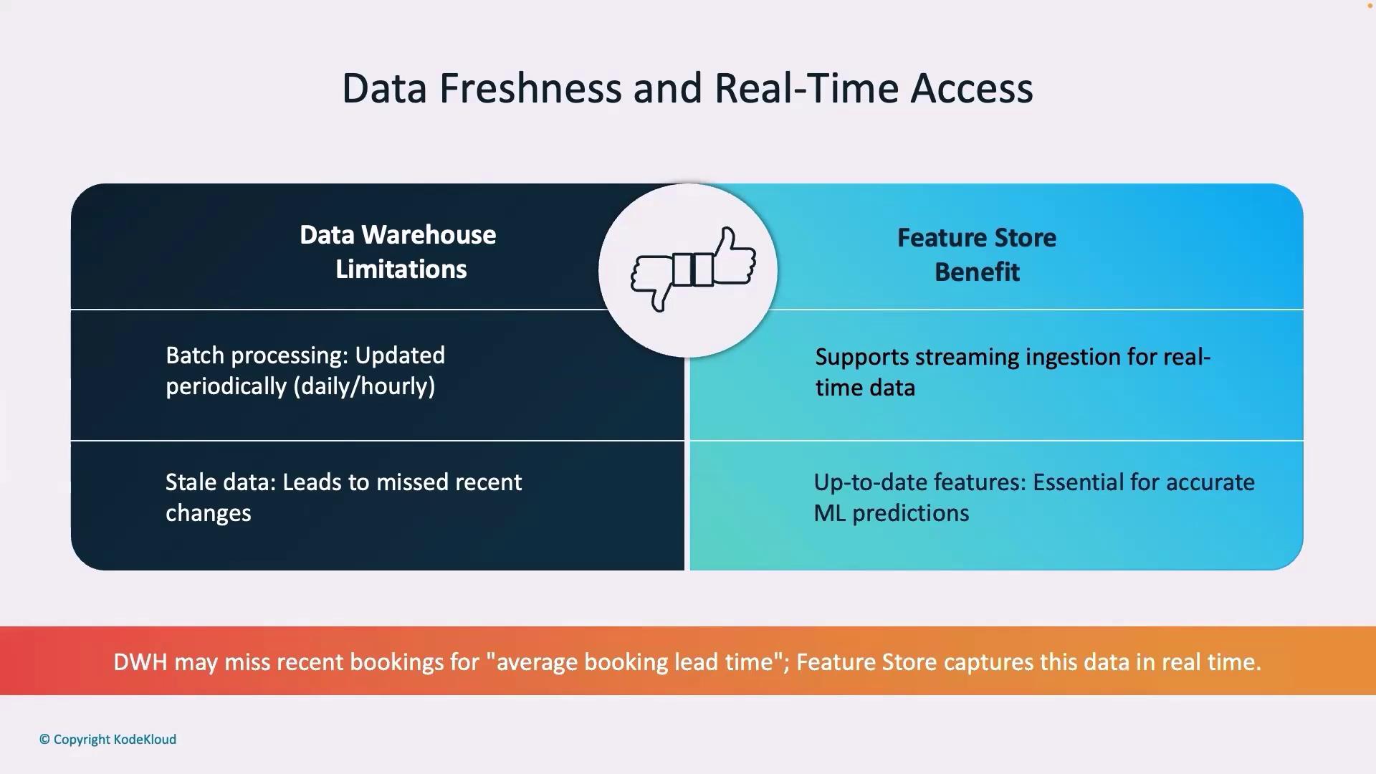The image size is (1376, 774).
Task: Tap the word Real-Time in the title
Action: (x=806, y=89)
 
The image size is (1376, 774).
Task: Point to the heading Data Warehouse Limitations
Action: (x=398, y=252)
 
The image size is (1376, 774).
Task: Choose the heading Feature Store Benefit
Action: (x=977, y=254)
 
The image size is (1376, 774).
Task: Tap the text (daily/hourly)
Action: (x=364, y=387)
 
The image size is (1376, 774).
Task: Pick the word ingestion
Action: (x=1073, y=358)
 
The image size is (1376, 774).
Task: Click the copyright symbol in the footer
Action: (x=44, y=740)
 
